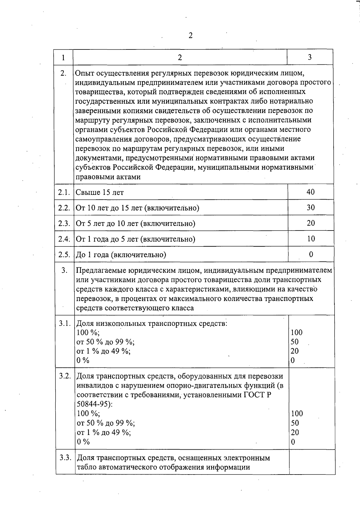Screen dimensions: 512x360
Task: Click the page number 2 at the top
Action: (190, 36)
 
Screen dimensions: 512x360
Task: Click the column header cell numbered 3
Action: (310, 57)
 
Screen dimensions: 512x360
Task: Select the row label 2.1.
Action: (64, 192)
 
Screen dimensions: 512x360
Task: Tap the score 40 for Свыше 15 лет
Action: (310, 192)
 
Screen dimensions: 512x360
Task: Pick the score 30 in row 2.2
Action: (310, 207)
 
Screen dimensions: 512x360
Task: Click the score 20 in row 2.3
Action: (311, 223)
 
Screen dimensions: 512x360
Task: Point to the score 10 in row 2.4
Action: (311, 239)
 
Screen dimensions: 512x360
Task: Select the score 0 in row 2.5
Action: (311, 255)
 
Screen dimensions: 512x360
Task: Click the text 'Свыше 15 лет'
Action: (100, 192)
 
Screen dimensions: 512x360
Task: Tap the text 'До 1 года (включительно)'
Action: (121, 255)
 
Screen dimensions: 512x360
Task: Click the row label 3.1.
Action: (65, 323)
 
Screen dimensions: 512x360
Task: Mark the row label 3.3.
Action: (65, 458)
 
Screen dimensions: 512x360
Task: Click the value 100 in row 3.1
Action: (296, 332)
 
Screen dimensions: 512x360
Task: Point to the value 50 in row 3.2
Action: (295, 423)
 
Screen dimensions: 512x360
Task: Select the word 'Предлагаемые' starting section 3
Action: (101, 270)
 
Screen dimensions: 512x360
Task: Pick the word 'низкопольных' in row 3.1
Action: (121, 324)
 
